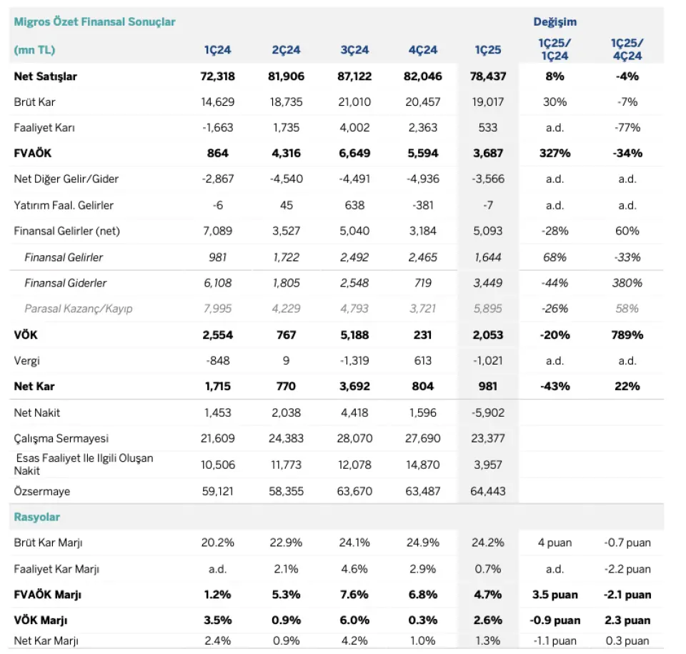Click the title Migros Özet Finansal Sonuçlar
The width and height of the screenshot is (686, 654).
pos(94,22)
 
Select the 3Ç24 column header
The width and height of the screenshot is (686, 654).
pos(354,50)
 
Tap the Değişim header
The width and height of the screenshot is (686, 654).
pos(555,22)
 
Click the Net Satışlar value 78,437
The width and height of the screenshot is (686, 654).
pos(488,76)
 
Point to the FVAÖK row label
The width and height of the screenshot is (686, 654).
pos(33,153)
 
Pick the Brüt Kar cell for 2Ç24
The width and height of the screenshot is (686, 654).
pos(286,102)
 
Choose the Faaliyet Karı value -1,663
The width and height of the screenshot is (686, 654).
pos(217,128)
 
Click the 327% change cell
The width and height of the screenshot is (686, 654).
pos(555,153)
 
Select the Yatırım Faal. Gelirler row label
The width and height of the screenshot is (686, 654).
pos(64,205)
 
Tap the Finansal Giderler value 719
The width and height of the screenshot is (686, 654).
pos(422,283)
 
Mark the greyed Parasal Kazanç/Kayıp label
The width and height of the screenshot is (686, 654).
pos(79,309)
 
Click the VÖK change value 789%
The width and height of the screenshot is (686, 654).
pos(627,335)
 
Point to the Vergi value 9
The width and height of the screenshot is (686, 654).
pos(286,361)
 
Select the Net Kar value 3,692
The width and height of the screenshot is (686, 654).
pos(354,386)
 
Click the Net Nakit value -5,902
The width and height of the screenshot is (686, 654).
pos(488,413)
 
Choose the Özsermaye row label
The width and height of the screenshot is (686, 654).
pos(42,491)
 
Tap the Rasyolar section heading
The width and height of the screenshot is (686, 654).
pos(36,517)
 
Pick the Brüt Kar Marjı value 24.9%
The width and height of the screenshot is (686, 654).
pos(422,542)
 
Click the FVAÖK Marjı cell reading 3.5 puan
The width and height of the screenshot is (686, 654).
pos(555,595)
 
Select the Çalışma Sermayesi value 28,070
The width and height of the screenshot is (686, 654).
pos(354,438)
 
